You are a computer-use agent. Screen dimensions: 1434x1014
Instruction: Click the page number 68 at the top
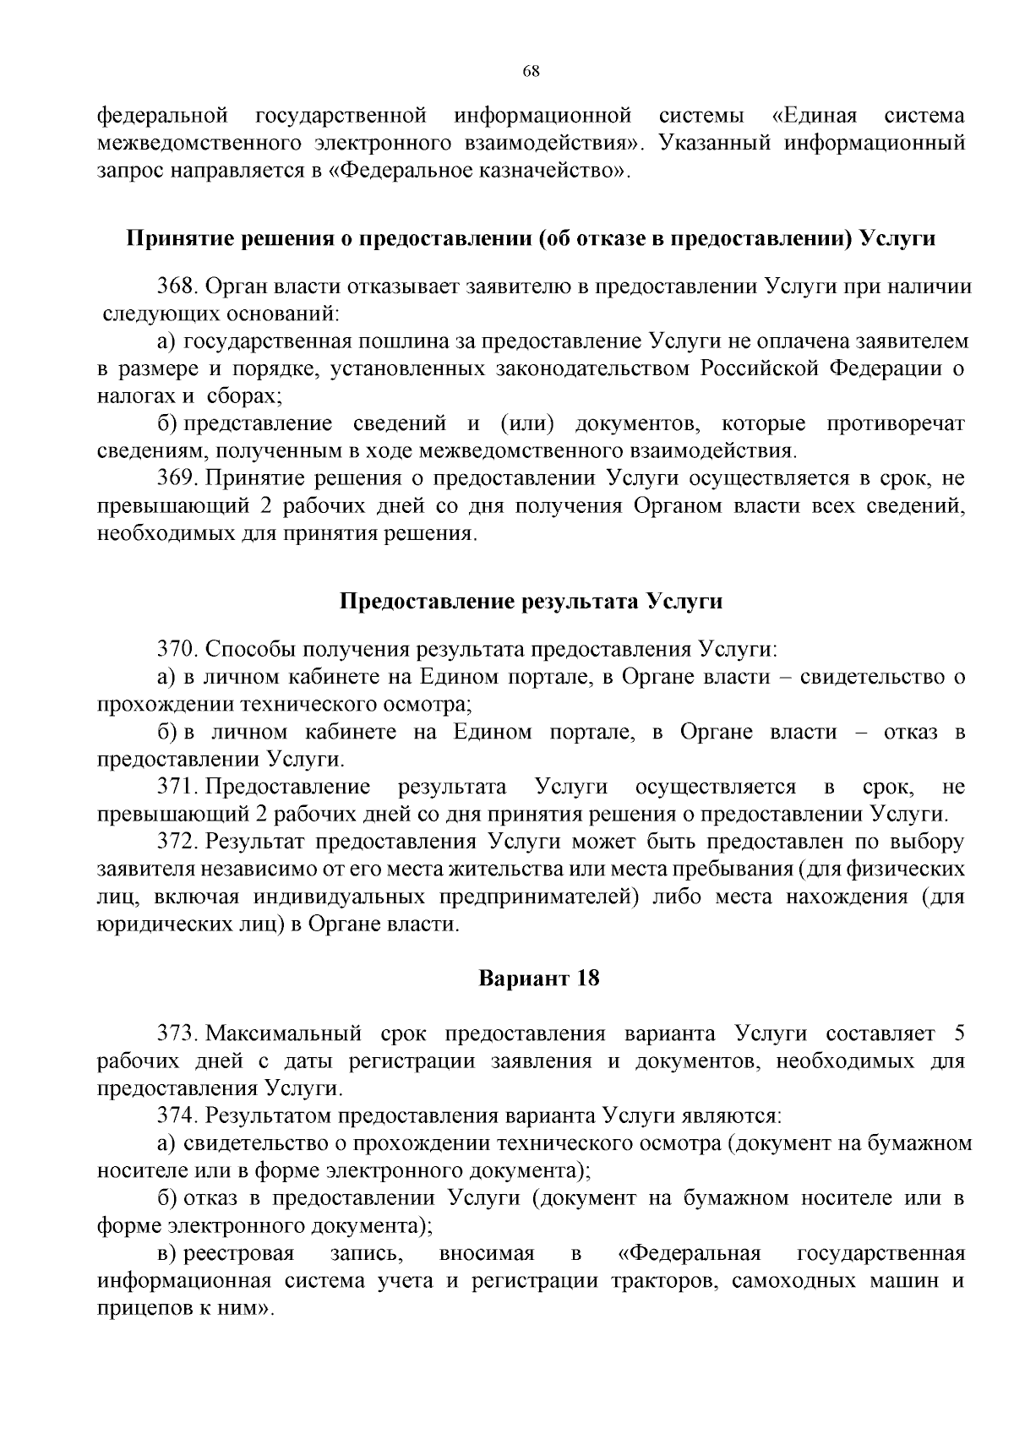pyautogui.click(x=531, y=71)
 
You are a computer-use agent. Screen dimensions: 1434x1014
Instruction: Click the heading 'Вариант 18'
pyautogui.click(x=539, y=979)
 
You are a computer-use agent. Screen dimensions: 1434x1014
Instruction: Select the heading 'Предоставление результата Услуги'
pyautogui.click(x=531, y=602)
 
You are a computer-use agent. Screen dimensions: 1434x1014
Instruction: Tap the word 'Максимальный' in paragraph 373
pyautogui.click(x=284, y=1033)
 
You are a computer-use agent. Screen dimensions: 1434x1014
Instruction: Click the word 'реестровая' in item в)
pyautogui.click(x=239, y=1252)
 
